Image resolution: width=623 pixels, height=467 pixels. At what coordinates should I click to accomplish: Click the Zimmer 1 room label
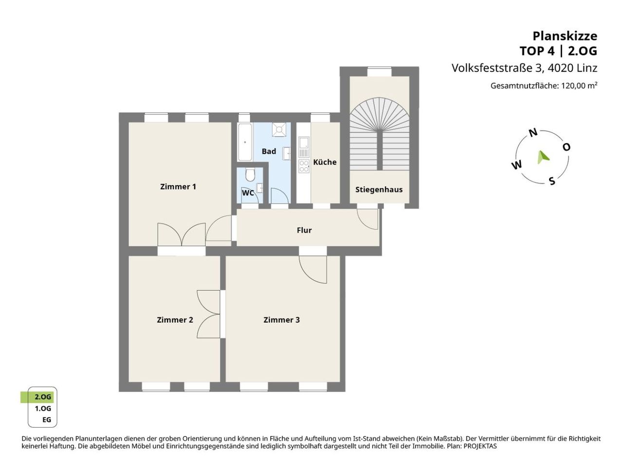point(178,187)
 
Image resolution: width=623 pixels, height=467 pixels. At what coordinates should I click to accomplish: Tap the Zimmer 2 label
point(175,320)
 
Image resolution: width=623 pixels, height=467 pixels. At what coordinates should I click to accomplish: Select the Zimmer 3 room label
point(281,320)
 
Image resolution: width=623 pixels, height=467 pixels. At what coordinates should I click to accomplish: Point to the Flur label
point(304,230)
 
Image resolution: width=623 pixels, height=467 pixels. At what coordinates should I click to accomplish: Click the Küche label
point(325,162)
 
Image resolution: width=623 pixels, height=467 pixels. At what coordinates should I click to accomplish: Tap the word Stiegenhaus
point(379,190)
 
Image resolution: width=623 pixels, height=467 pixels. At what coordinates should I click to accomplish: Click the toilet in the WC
point(250,175)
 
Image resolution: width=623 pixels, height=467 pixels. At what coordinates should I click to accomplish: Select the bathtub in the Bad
point(245,143)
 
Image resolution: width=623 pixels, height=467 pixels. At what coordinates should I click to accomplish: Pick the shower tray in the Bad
point(279,129)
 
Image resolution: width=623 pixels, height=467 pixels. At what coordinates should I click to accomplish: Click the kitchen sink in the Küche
point(304,147)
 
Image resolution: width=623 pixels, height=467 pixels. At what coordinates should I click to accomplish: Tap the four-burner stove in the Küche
point(304,166)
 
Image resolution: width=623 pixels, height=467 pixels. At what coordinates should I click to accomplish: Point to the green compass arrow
point(543,157)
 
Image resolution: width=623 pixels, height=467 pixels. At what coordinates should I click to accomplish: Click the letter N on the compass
point(533,132)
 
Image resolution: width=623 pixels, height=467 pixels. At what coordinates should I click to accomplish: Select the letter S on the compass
point(552,181)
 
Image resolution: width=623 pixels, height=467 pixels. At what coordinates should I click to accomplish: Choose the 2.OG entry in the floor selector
point(43,397)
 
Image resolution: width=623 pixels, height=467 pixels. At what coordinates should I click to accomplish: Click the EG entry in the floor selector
point(47,420)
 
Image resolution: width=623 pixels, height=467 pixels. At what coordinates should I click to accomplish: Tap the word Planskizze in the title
point(565,36)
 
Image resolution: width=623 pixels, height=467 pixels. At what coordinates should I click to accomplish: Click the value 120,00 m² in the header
point(579,85)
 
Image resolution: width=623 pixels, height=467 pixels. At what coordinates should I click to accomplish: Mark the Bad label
point(269,151)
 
